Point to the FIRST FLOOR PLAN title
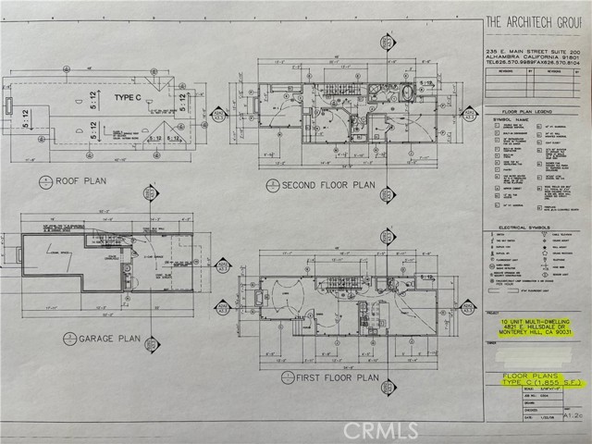pyautogui.click(x=336, y=377)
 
